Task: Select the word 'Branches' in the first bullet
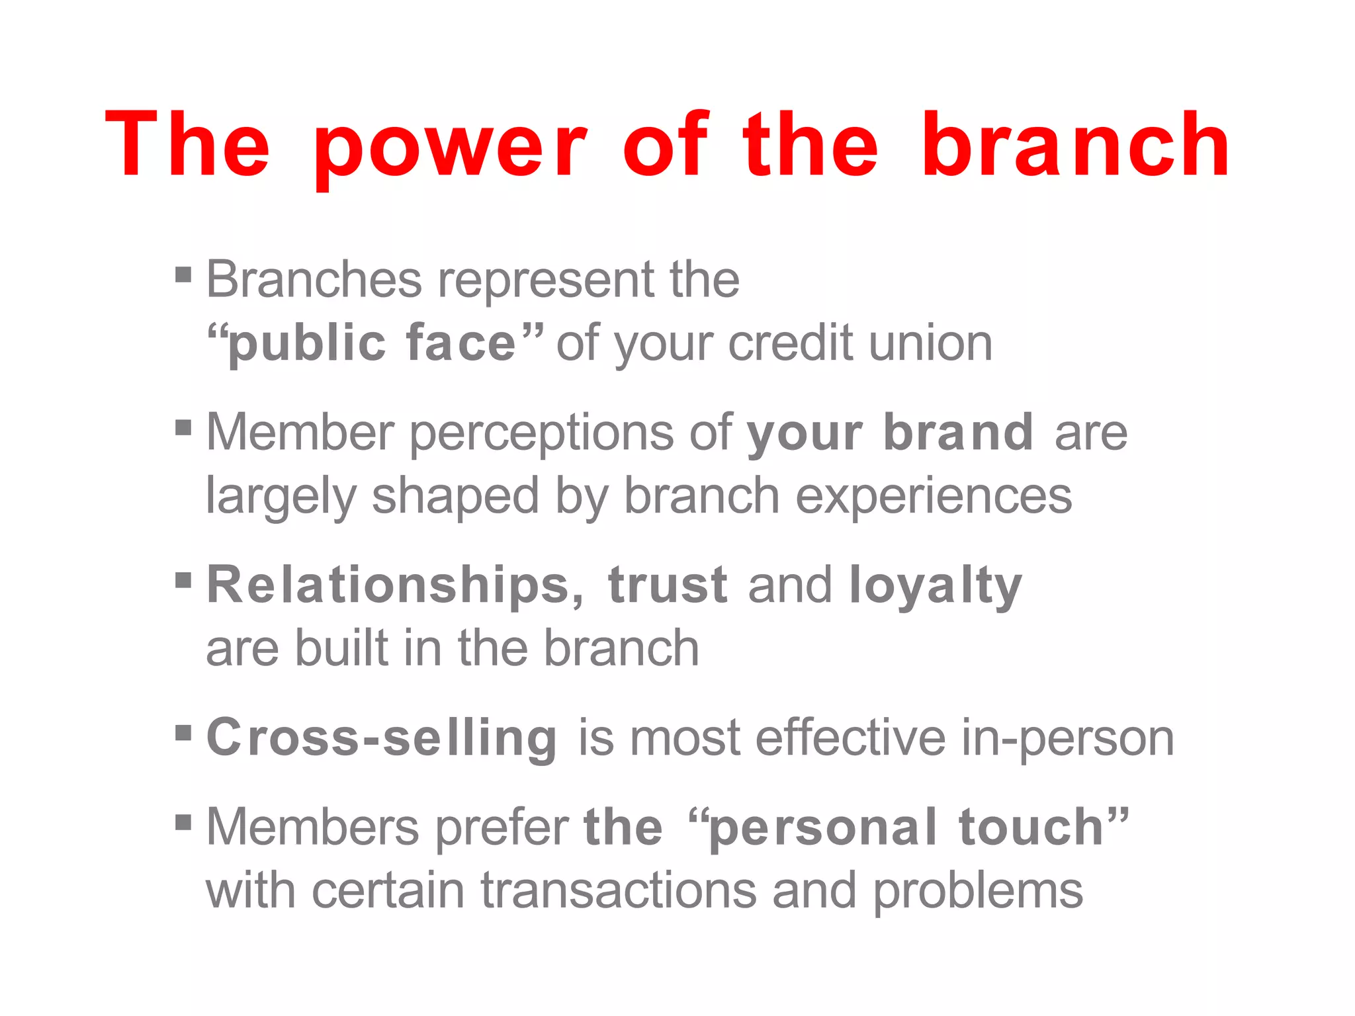[314, 279]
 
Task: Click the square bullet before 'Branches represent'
[183, 274]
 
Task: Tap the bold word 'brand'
[958, 432]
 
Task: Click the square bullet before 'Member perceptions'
[183, 428]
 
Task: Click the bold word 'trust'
[668, 585]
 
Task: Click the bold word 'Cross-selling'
[382, 738]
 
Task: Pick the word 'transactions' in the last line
[618, 890]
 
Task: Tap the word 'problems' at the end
[978, 892]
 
